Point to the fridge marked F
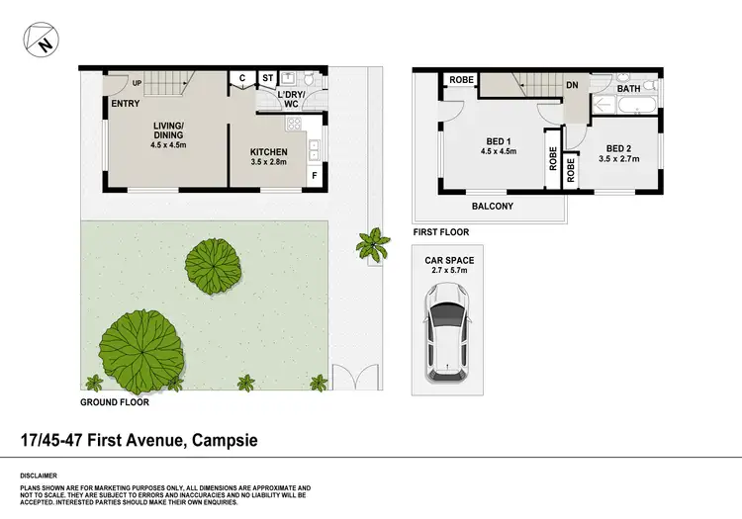(x=315, y=176)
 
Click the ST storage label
(x=268, y=78)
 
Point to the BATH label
(x=629, y=88)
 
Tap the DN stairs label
(x=572, y=86)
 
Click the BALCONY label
(x=491, y=206)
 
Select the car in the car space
(x=446, y=331)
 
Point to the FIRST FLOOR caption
(x=440, y=232)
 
